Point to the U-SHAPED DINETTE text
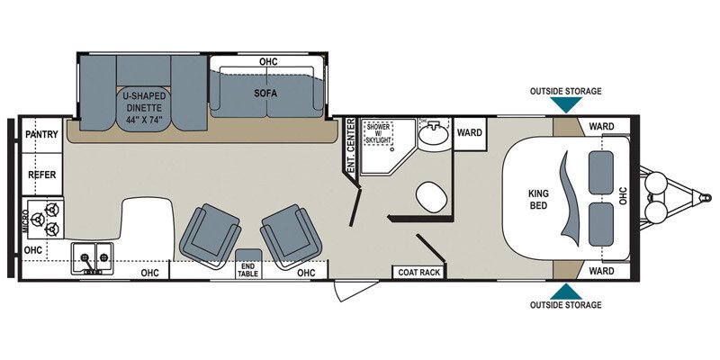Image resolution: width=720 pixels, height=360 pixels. point(143,98)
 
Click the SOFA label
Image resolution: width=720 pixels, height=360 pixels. point(267,92)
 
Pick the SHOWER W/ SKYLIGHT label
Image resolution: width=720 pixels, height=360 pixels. point(378,133)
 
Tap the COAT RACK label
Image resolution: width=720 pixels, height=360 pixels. point(418,272)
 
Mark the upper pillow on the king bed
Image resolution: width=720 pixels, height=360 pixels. point(602,170)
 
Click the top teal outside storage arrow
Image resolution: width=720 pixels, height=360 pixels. point(566,104)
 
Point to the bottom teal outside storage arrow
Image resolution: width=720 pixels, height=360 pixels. point(566,291)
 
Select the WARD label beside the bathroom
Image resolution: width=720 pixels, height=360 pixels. point(469,132)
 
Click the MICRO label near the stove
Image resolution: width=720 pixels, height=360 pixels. point(25,220)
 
